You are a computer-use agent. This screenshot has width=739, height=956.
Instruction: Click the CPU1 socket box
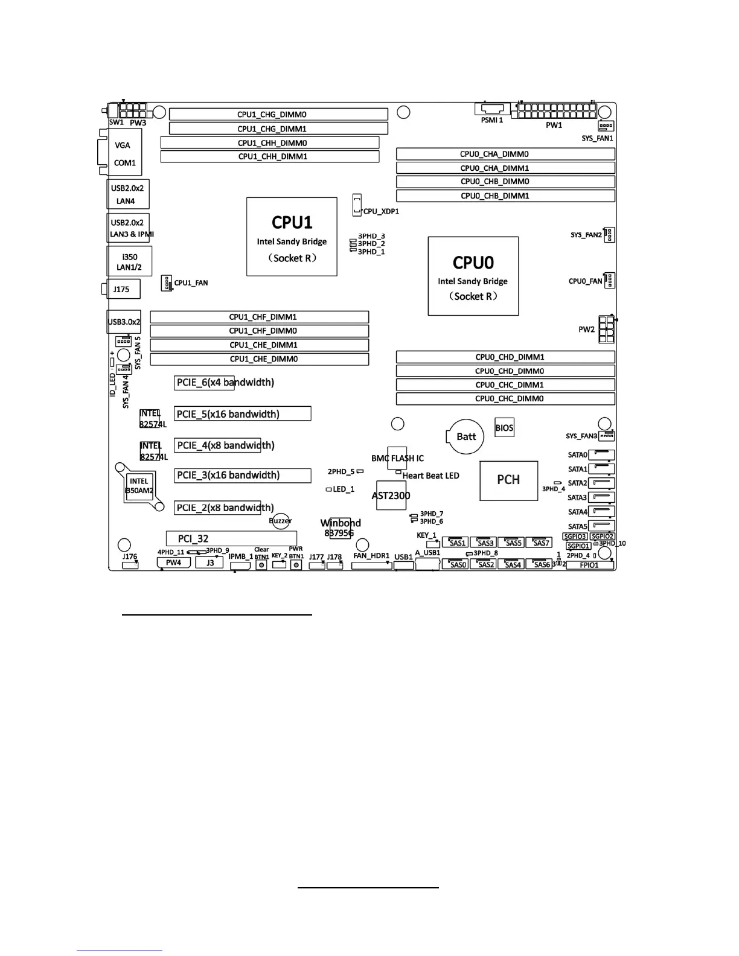tap(292, 237)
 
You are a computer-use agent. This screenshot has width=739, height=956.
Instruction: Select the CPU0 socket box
tap(473, 276)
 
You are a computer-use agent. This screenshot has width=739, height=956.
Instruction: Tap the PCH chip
tap(508, 480)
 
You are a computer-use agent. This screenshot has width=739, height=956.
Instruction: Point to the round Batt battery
tap(465, 436)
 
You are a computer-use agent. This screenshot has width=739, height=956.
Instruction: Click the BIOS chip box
tap(504, 428)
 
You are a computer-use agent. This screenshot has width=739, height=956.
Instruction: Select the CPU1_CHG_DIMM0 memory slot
tap(278, 115)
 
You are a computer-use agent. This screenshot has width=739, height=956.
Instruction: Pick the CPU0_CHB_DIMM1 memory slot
tap(505, 196)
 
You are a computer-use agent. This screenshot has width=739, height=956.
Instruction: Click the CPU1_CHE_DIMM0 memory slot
tap(259, 359)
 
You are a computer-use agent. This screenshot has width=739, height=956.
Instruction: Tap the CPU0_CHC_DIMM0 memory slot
tap(505, 399)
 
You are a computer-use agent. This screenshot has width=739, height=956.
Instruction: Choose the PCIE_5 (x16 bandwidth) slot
tap(243, 414)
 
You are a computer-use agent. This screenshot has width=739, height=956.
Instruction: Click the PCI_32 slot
tap(231, 538)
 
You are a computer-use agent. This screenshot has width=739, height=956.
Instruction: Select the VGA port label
tap(123, 145)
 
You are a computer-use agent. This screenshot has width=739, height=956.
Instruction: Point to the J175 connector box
tap(123, 289)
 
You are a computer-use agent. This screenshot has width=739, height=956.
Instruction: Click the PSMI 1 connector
tap(492, 110)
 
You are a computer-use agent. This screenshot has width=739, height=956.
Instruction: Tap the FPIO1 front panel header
tap(589, 566)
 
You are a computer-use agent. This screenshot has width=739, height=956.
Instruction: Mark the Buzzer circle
tap(281, 520)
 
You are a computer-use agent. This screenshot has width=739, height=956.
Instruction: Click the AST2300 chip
tap(391, 496)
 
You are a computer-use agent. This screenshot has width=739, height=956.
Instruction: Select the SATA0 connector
tap(601, 455)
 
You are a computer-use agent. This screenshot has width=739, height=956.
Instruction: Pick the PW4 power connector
tap(173, 562)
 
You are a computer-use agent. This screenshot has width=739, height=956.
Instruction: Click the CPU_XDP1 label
tap(381, 212)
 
